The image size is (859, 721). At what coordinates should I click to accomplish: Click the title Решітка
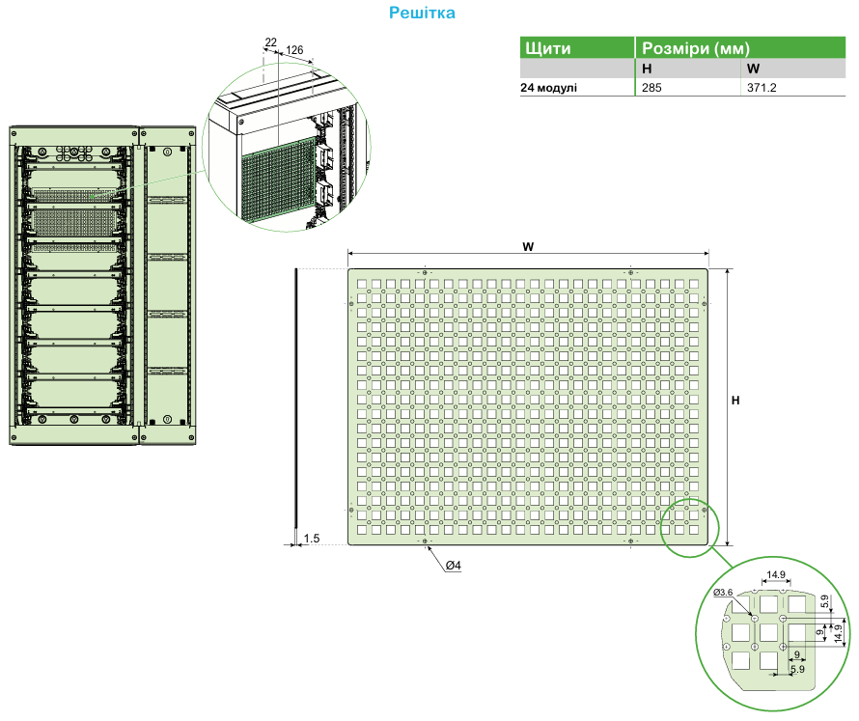pos(421,13)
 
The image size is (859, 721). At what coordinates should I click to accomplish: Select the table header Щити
pos(546,47)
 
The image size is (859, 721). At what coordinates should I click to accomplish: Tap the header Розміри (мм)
pos(696,47)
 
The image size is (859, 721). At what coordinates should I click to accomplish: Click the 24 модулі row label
pos(549,87)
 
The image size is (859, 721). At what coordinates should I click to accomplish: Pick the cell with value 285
pos(652,87)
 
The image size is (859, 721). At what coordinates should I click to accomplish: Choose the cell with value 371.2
pos(762,87)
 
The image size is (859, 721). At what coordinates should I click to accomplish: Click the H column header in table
pos(647,69)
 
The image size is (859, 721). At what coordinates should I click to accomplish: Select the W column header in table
pos(753,69)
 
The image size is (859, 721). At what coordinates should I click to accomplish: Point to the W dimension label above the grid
pos(528,247)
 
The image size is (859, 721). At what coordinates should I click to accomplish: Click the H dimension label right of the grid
pos(735,400)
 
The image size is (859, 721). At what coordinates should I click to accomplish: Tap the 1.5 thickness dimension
pos(311,538)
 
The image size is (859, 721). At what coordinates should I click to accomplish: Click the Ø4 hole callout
pos(453,565)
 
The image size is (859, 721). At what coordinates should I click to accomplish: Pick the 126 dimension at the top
pos(295,49)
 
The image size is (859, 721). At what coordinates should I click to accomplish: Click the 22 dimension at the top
pos(270,42)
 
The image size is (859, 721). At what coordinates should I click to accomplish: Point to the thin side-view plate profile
pos(296,405)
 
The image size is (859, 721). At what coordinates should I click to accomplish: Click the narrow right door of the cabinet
pos(167,285)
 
